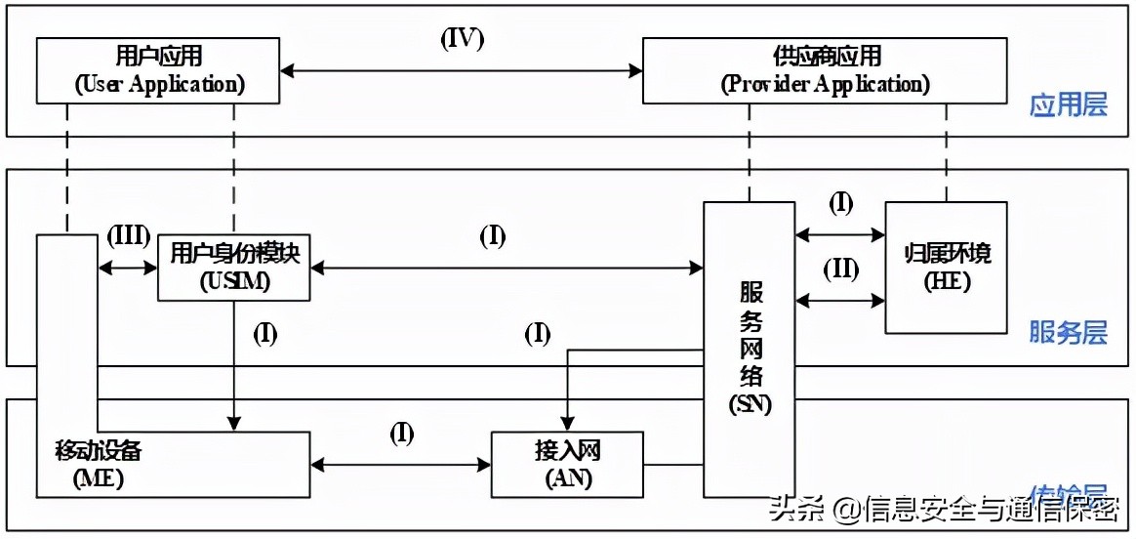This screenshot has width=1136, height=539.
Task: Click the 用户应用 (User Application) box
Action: tap(159, 70)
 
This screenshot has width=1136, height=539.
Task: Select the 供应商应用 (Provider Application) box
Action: tap(825, 70)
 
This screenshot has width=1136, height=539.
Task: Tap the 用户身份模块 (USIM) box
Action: tap(233, 267)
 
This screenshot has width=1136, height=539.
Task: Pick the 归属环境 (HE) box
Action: tap(945, 267)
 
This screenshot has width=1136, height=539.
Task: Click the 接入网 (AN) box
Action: tap(566, 465)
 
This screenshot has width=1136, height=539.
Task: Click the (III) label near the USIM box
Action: tap(127, 236)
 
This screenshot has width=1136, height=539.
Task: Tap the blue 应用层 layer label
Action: tap(1069, 105)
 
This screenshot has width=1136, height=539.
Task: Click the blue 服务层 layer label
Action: tap(1069, 333)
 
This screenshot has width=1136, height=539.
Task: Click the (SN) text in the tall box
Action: tap(750, 403)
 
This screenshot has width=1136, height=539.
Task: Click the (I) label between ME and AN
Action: tap(402, 435)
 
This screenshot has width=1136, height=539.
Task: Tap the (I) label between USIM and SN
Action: tap(493, 236)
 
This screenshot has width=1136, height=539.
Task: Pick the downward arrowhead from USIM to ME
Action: tap(233, 422)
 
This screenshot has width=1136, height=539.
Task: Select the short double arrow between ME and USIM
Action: tap(128, 268)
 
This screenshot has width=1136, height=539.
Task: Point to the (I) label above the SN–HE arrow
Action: tap(840, 204)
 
